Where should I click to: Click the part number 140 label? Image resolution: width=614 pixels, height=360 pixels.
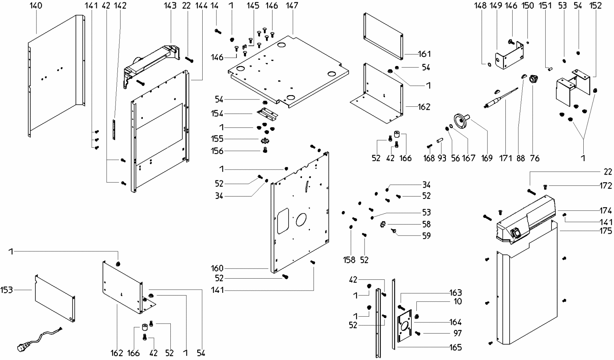[36, 5]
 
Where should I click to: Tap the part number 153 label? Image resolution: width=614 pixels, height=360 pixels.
[7, 290]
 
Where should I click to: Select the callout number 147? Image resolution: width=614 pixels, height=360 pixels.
[292, 5]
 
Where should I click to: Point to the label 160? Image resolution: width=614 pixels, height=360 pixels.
[217, 268]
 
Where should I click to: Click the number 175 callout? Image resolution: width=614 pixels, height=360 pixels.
[606, 231]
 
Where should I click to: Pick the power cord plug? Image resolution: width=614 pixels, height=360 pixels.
[21, 347]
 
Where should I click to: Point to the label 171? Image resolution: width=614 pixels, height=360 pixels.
[505, 158]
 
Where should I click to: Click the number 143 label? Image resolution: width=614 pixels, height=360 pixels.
[170, 5]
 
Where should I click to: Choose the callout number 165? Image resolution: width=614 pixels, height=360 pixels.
[456, 347]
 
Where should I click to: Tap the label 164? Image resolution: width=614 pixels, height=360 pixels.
[456, 322]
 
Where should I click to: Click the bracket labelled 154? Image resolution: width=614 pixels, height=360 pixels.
[267, 113]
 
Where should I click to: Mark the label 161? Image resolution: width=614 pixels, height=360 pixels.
[424, 54]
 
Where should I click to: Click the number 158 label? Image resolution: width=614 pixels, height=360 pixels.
[349, 260]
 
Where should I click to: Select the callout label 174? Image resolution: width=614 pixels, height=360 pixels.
[606, 211]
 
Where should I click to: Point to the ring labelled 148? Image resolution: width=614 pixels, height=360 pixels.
[489, 65]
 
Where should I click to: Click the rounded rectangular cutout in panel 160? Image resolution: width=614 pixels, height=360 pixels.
[283, 221]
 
